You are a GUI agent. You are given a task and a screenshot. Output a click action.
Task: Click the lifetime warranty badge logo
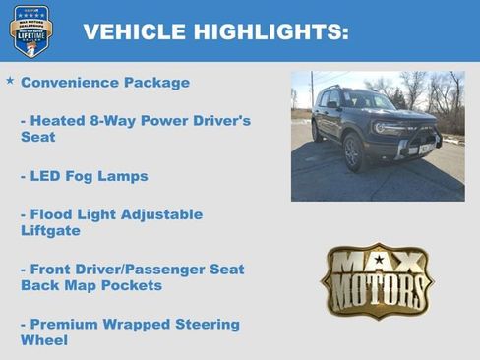tap(30, 30)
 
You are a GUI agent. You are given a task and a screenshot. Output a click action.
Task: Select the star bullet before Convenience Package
tap(10, 81)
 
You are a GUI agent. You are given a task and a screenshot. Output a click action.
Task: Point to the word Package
tap(159, 83)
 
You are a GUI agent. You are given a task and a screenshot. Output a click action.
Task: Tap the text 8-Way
tap(114, 120)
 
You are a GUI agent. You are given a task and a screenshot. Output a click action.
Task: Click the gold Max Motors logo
tap(377, 280)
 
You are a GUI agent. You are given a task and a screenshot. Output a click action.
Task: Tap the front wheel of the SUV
tap(354, 153)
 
